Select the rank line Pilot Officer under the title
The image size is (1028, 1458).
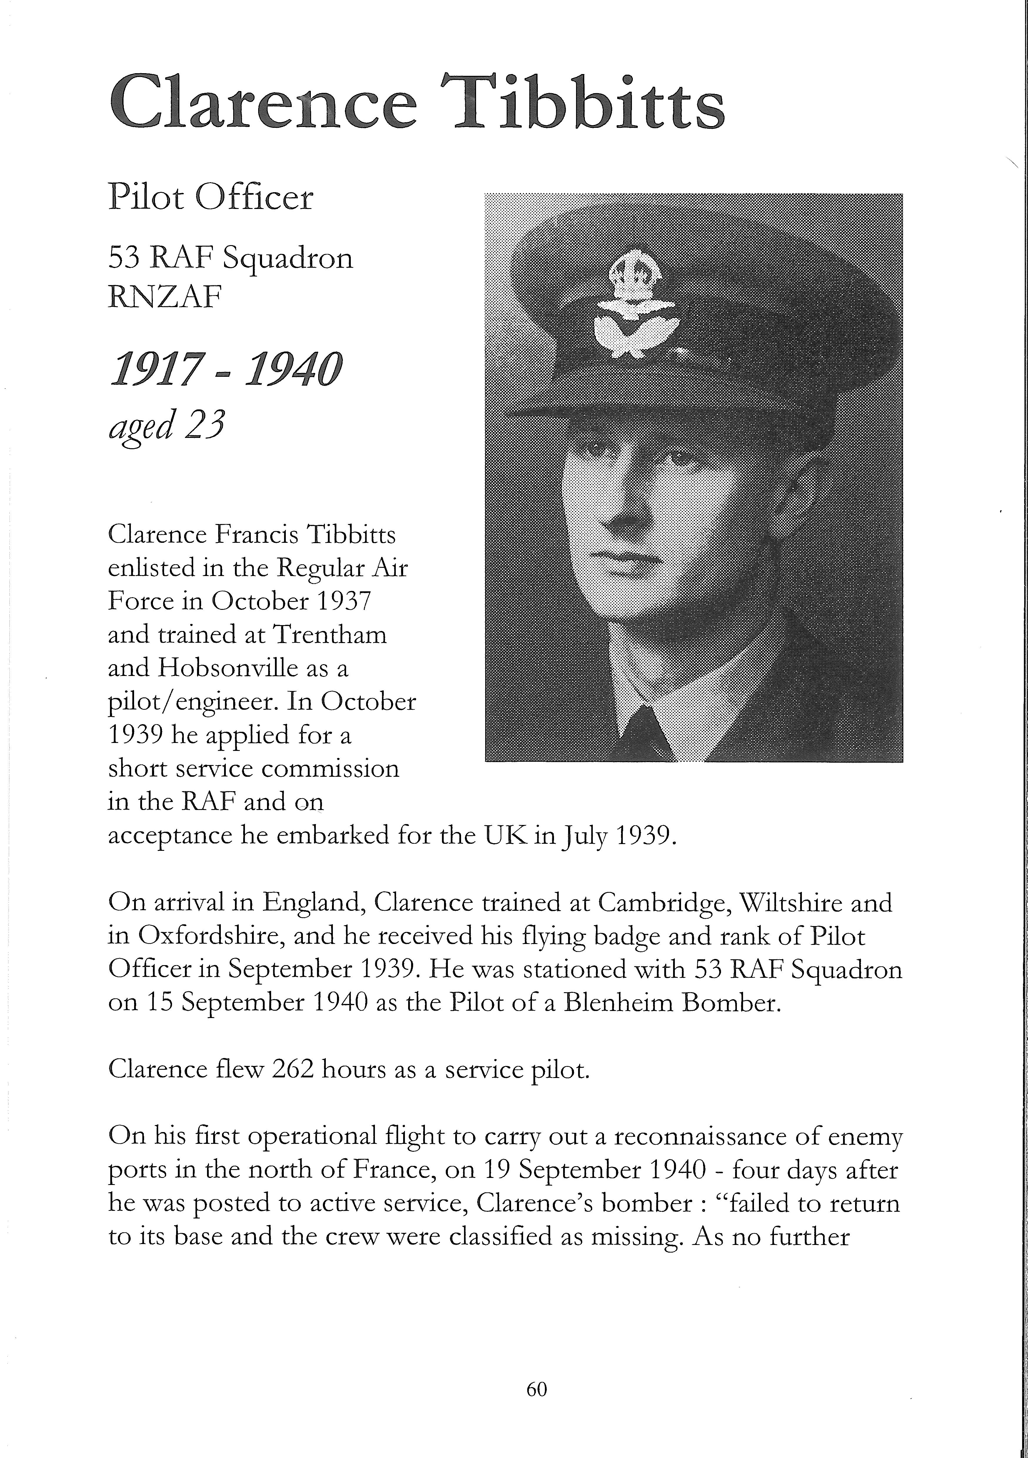click(211, 198)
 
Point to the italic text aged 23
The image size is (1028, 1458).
click(166, 427)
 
